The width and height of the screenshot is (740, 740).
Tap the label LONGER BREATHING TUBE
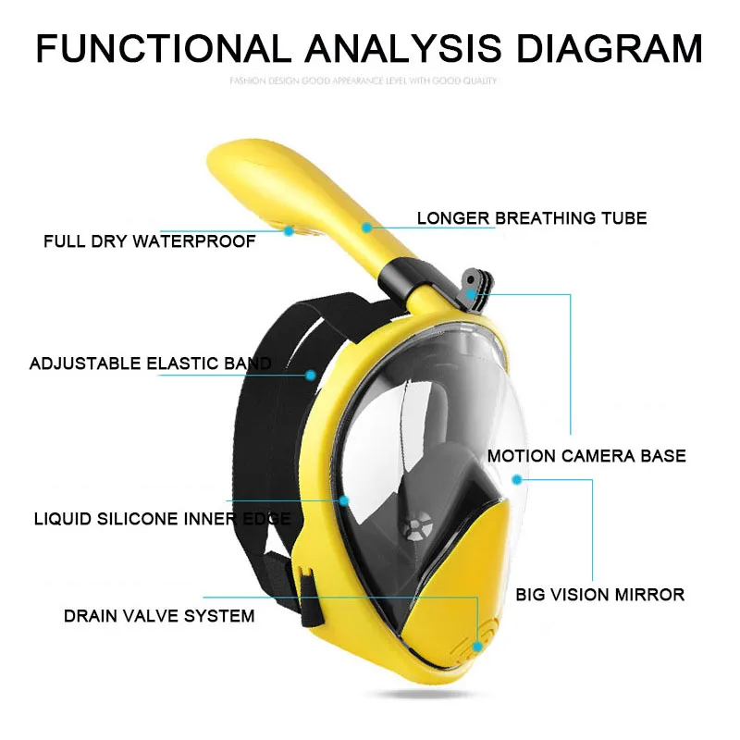(x=531, y=218)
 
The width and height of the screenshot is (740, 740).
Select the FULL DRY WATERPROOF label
(x=149, y=242)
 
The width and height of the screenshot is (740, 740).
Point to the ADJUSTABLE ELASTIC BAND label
(x=151, y=364)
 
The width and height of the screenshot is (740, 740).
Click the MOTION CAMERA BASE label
(x=586, y=455)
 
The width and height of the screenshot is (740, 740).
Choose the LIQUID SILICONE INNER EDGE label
(x=163, y=519)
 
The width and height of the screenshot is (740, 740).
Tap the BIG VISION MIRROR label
(x=600, y=594)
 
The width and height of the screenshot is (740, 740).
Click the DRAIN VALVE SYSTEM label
(x=159, y=615)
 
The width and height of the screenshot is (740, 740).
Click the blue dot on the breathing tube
(x=367, y=226)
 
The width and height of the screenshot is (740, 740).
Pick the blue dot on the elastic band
(x=312, y=375)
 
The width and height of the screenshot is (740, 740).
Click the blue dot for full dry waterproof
(x=288, y=229)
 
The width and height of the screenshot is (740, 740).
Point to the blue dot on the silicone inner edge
(x=344, y=500)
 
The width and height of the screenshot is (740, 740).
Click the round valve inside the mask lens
(x=415, y=528)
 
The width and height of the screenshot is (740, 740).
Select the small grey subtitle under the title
(x=363, y=81)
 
